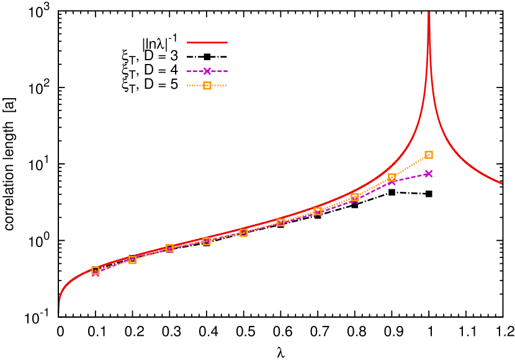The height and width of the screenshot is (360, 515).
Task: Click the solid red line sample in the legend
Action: click(207, 43)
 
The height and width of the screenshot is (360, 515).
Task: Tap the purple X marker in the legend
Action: click(207, 71)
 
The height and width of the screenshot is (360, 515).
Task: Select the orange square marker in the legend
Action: click(207, 86)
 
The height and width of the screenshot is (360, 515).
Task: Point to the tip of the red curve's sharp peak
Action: click(429, 12)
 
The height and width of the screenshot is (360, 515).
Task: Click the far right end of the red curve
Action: click(501, 184)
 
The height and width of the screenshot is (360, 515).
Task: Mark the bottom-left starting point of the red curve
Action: click(58, 312)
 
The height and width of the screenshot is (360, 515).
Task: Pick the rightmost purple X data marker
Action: click(429, 173)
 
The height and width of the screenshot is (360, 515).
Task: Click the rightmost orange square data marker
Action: click(429, 155)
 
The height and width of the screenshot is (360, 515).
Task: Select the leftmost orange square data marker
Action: click(96, 271)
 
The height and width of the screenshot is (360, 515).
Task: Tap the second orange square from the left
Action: click(132, 259)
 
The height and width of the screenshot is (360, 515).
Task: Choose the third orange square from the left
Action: click(169, 248)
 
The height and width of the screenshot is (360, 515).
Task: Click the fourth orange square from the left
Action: click(207, 241)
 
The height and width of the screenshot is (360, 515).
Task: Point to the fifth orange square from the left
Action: click(244, 233)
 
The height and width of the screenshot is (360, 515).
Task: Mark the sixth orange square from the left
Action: click(280, 222)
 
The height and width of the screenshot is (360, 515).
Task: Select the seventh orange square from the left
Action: click(318, 211)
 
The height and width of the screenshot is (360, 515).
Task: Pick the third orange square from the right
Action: click(355, 197)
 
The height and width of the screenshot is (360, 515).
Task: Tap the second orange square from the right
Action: click(392, 178)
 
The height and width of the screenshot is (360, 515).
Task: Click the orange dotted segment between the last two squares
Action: click(410, 166)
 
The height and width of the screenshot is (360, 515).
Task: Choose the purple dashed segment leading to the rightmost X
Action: click(410, 178)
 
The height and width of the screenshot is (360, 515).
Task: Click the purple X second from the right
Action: click(392, 181)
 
